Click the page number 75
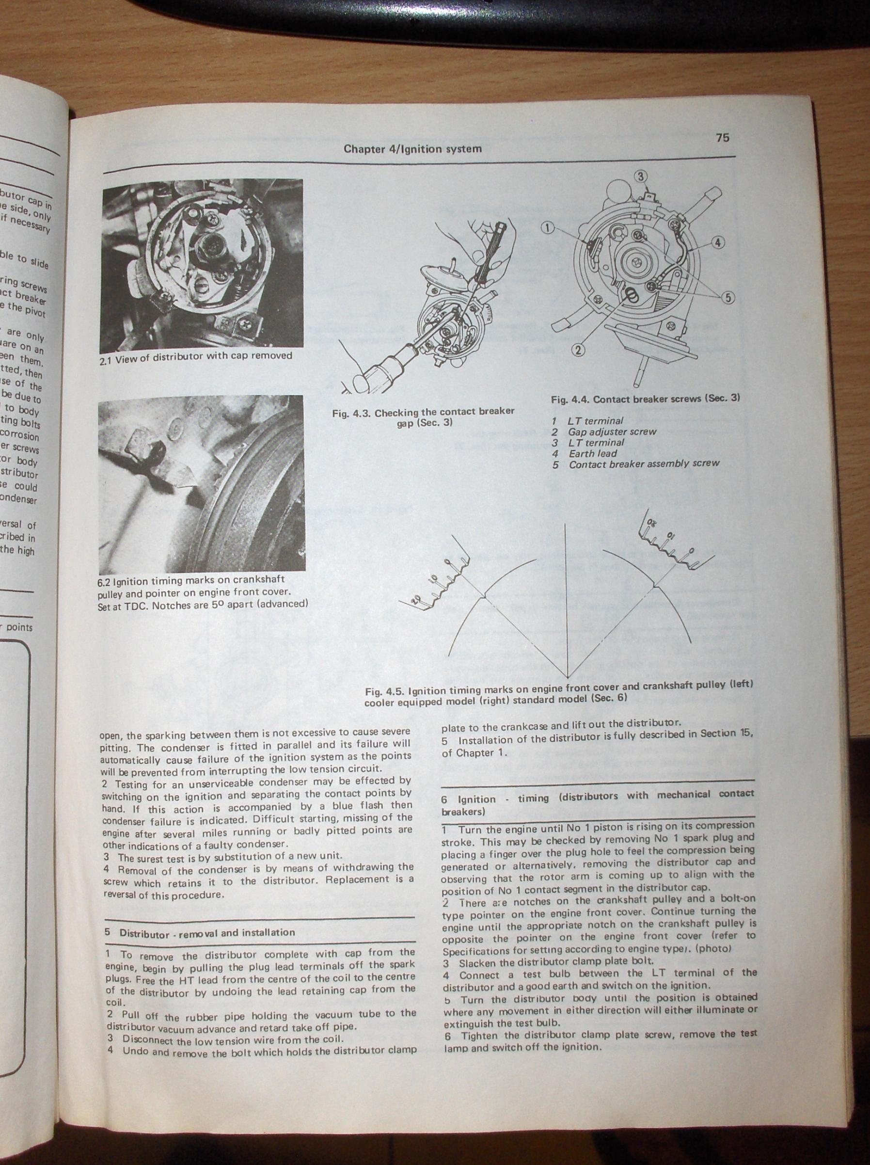point(723,138)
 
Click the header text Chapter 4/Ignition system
point(412,149)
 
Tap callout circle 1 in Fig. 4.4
point(548,227)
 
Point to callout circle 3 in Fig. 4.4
point(640,176)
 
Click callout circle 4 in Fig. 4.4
point(718,242)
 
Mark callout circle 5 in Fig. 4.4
point(728,298)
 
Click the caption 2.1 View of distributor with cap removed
point(195,356)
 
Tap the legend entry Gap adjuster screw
point(613,432)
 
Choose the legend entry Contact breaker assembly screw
point(644,464)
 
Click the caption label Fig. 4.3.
point(352,414)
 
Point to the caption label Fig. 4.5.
point(385,691)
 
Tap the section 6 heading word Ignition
point(476,799)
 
